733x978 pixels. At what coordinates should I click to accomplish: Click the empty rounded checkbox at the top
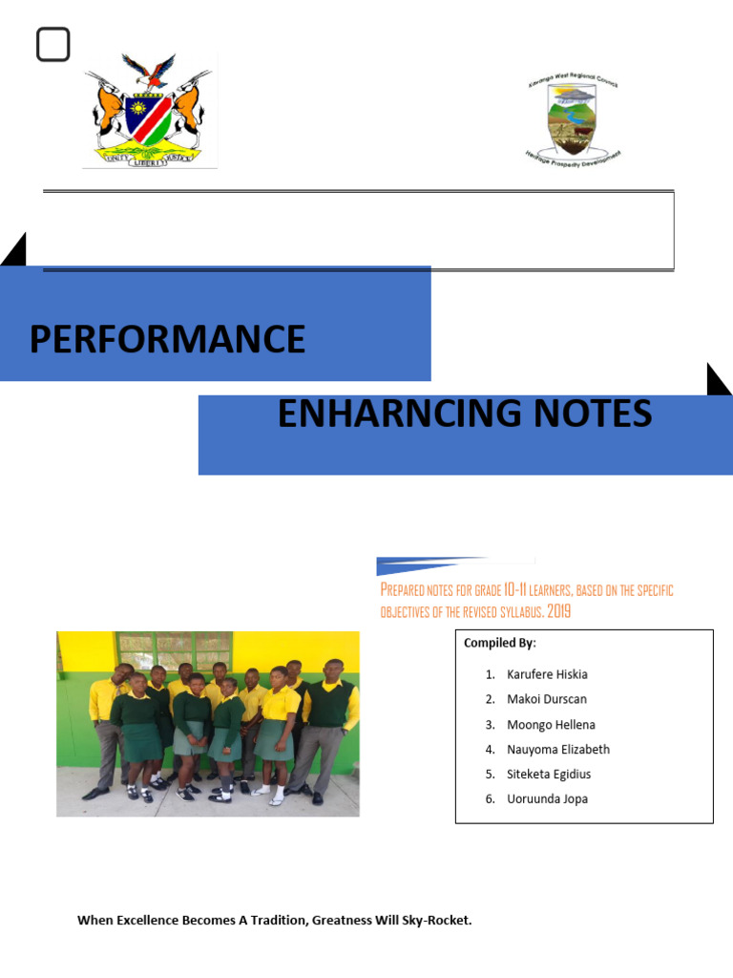[x=53, y=45]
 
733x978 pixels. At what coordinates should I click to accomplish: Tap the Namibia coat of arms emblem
[x=150, y=112]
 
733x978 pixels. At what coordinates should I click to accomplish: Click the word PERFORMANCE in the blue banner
[x=167, y=339]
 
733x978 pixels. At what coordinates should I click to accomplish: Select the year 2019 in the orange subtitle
[x=559, y=611]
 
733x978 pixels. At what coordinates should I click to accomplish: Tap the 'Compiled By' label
[x=500, y=643]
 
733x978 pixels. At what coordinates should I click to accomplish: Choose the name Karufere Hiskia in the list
[x=547, y=674]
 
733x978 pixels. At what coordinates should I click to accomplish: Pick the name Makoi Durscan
[x=547, y=699]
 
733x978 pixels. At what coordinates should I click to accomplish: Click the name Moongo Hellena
[x=551, y=724]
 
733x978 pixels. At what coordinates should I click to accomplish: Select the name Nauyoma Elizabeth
[x=558, y=750]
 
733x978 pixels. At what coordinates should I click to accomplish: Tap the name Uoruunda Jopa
[x=547, y=799]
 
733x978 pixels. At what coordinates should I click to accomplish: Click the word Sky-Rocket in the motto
[x=439, y=921]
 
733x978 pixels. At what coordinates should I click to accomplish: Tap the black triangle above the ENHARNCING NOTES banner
[x=717, y=381]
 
